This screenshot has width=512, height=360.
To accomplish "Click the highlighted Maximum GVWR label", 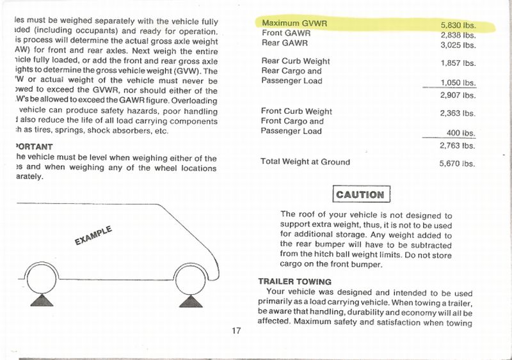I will tap(294, 23).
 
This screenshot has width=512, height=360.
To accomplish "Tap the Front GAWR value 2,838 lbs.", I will tap(458, 35).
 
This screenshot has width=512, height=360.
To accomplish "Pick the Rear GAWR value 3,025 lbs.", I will tap(458, 45).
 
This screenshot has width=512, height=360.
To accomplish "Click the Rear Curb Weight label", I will tap(296, 61).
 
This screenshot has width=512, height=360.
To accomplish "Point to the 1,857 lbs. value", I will tap(458, 63).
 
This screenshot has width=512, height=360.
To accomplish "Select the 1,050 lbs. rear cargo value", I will tap(458, 83).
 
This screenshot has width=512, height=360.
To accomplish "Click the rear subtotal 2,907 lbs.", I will tap(458, 95).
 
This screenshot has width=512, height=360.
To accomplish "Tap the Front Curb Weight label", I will tap(297, 111).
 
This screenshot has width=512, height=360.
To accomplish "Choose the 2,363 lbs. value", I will tap(458, 113).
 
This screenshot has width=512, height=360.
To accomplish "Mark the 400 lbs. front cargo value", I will tap(461, 134).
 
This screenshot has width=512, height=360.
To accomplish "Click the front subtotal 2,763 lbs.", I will tap(458, 146).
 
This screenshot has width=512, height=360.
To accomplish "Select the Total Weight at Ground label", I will tap(305, 162).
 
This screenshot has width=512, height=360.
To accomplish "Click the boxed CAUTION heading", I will tap(360, 194).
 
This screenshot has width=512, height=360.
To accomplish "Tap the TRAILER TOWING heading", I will tap(294, 281).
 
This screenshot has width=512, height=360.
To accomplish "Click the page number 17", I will tap(237, 331).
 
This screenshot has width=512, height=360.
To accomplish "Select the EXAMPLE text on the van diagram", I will tap(93, 235).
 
